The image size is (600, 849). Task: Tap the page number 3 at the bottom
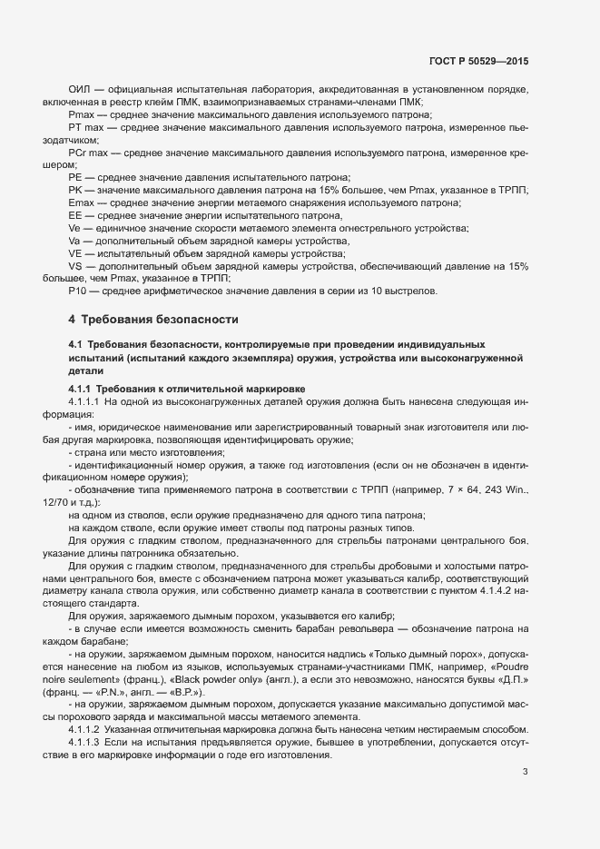click(x=525, y=746)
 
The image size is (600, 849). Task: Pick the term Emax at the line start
click(x=81, y=203)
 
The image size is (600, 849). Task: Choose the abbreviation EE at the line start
click(x=75, y=216)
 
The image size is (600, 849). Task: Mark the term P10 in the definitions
click(x=77, y=291)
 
